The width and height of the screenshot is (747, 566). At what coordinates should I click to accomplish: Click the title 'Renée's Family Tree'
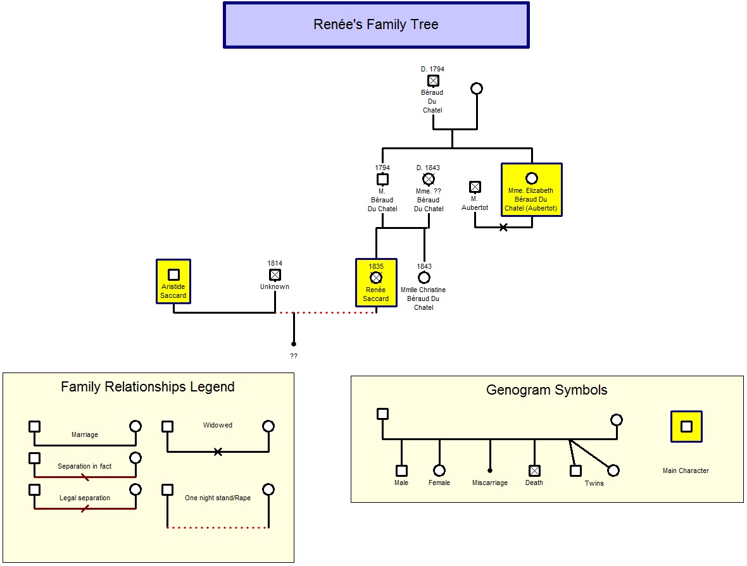point(376,24)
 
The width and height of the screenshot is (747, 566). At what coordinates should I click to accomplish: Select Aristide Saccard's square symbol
point(173,274)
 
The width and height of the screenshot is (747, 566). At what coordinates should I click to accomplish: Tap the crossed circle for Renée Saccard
point(377,278)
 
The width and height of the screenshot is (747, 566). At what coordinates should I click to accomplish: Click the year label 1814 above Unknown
point(275,263)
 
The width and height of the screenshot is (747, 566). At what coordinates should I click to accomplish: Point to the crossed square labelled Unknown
point(275,274)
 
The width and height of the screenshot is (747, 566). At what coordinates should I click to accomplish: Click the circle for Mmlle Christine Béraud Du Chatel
point(424,278)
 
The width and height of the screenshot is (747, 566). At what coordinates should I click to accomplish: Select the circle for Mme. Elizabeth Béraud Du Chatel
point(532,178)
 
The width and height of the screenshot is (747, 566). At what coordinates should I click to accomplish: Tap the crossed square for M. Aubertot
point(475,187)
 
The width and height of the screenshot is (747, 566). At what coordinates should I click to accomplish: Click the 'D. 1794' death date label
point(432,69)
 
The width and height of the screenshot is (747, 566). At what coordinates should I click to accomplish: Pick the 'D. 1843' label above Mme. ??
point(429,168)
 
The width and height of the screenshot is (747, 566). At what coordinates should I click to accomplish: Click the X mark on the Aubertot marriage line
point(503,228)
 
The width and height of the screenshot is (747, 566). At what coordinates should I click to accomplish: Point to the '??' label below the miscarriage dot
point(294,356)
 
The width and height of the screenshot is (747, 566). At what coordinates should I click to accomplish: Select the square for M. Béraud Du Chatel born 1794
point(382,180)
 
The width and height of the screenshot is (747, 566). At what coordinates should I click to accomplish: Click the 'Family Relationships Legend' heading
point(148,386)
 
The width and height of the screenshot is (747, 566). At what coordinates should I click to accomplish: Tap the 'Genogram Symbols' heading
point(547,390)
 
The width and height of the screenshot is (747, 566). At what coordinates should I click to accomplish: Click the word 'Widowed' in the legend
point(218,425)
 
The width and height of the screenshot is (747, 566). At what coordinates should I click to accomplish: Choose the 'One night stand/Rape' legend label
point(218,498)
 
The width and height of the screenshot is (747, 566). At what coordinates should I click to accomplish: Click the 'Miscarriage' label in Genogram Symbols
point(490,483)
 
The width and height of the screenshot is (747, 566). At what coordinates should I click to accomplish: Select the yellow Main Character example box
point(686,426)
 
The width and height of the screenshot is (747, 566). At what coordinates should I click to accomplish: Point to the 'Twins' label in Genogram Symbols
point(594,483)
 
